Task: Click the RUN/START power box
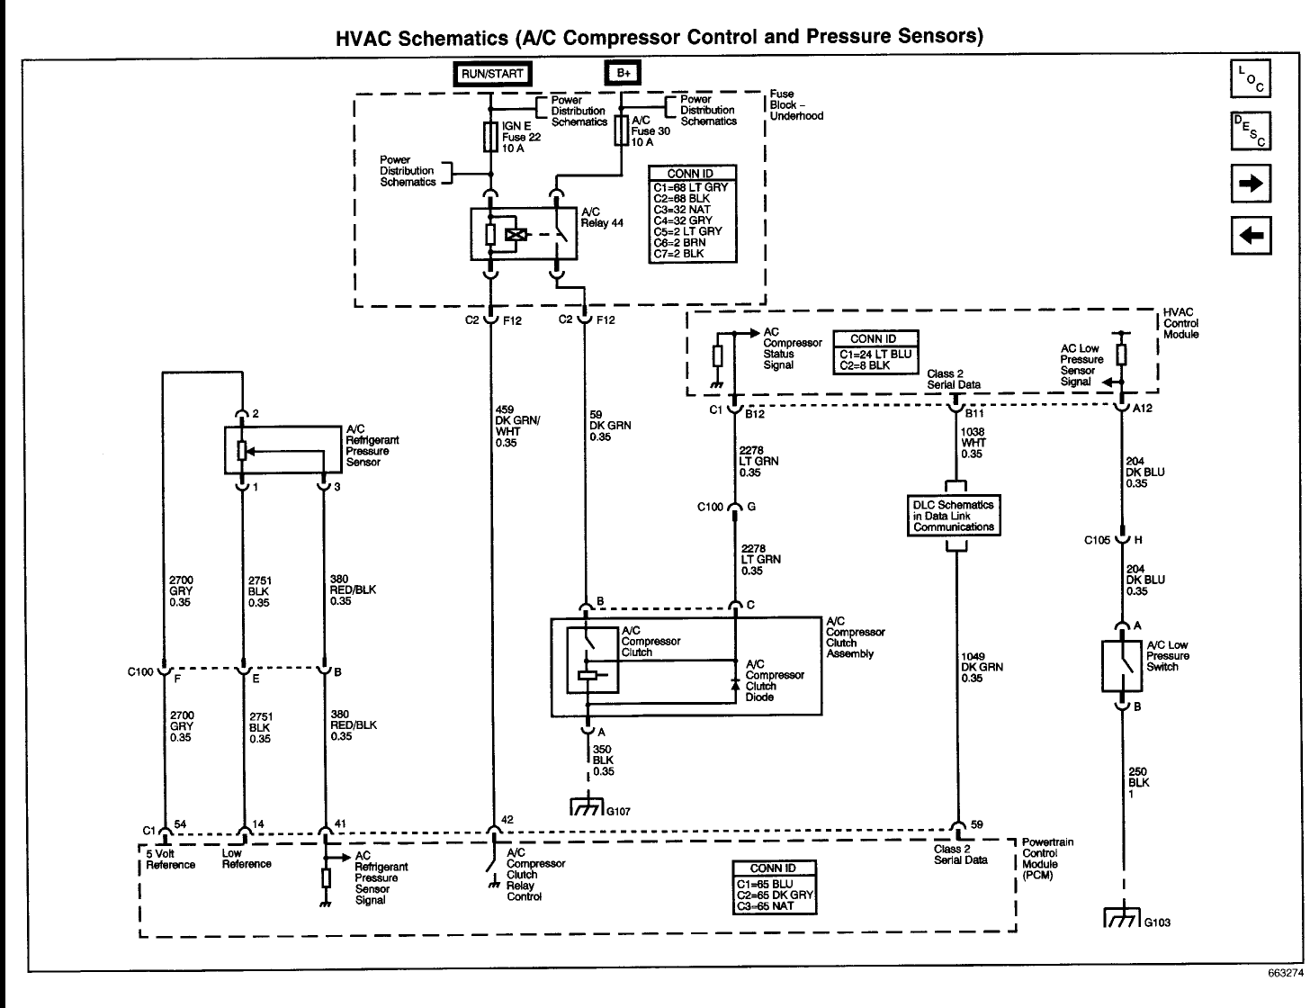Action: tap(491, 75)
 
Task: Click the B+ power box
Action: tap(622, 75)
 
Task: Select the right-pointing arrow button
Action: tap(1250, 184)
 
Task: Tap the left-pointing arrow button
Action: tap(1250, 236)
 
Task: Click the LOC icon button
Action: tap(1250, 80)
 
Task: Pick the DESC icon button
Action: tap(1250, 131)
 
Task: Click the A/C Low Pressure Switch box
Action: tap(1121, 666)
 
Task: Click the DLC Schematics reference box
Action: tap(954, 517)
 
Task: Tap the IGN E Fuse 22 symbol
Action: tap(491, 137)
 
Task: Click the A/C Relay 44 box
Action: tap(524, 234)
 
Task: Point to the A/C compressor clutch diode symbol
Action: tap(736, 685)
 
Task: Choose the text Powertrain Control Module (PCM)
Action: tap(1046, 859)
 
